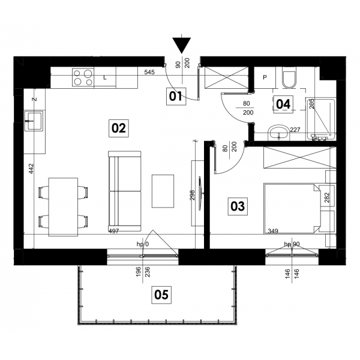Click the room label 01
click(x=176, y=97)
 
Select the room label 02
click(x=118, y=128)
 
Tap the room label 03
click(x=238, y=206)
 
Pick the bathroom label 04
click(x=283, y=104)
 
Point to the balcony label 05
click(x=161, y=295)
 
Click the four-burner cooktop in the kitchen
click(x=83, y=77)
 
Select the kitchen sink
click(x=34, y=121)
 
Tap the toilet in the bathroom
click(x=289, y=77)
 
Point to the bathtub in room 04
click(x=320, y=119)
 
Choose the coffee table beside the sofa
click(x=163, y=191)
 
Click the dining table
click(x=64, y=207)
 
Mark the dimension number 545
click(x=149, y=72)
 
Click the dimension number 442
click(x=31, y=169)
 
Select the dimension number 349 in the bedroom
click(x=273, y=231)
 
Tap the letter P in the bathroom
click(x=265, y=77)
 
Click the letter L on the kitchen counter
click(x=105, y=78)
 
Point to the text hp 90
click(x=292, y=244)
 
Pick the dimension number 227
click(x=295, y=130)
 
